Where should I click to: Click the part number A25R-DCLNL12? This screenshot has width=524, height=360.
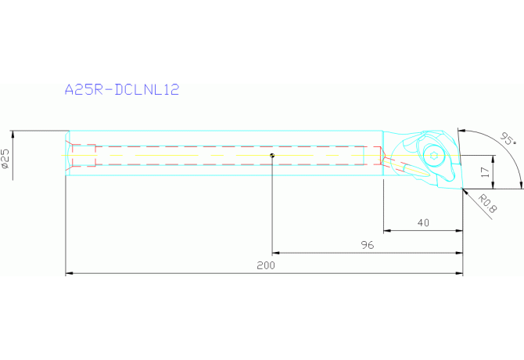(121, 90)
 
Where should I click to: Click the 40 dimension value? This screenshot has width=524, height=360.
(423, 223)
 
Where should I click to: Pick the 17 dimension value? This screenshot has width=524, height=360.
(485, 170)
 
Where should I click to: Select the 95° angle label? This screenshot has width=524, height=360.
(508, 140)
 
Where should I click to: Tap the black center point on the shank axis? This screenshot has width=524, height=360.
(271, 155)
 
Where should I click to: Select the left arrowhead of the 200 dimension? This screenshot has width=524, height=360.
(68, 274)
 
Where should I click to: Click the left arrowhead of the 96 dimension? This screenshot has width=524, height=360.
(275, 253)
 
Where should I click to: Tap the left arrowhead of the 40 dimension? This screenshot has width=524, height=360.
(386, 231)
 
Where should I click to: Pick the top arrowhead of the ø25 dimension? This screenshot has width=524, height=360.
(13, 131)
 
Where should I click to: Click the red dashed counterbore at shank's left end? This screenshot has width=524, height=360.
(82, 155)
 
